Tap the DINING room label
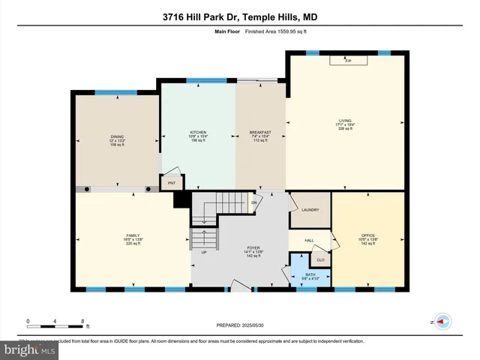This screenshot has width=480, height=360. coord(116,136)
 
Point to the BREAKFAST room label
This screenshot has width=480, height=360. coord(260,132)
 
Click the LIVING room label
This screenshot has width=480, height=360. coord(345,120)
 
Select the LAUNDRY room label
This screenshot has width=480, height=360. coord(310,211)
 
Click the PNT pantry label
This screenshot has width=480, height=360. coord(172,182)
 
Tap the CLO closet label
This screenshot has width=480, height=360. coord(320,260)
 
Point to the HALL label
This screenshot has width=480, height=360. coord(308,241)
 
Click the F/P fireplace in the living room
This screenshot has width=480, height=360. coord(348,60)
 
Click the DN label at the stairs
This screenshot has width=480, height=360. coord(254,202)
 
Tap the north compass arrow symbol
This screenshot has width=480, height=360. coord(443,321)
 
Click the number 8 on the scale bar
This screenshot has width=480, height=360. coord(82,321)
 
